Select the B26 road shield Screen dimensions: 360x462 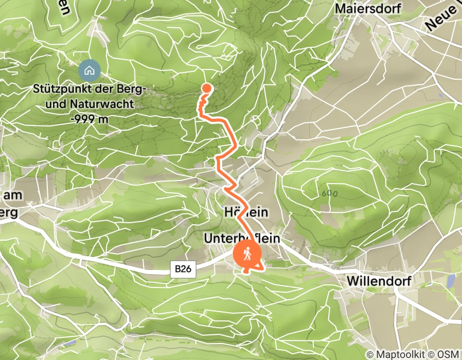click(183, 268)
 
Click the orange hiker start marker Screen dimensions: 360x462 click(247, 254)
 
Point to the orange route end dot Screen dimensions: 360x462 click(206, 87)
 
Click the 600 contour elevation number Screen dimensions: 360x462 click(327, 194)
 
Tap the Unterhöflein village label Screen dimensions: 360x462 click(242, 239)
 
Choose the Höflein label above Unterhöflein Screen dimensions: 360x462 click(247, 212)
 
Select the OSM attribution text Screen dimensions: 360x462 click(448, 354)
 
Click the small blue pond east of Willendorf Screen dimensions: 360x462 click(451, 281)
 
